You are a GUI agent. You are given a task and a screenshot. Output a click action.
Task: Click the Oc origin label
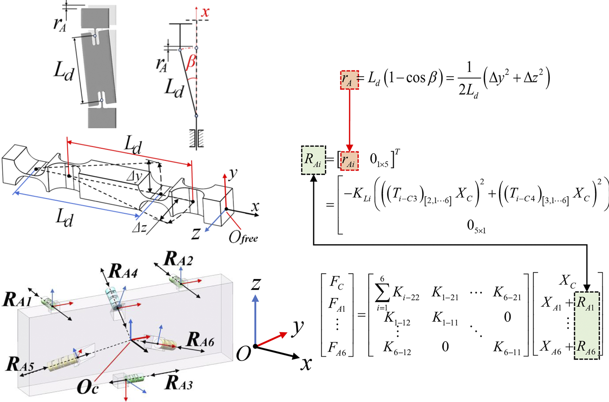[87, 387]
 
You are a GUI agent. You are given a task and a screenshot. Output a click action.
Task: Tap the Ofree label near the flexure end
[243, 237]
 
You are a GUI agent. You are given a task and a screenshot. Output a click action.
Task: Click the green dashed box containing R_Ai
[313, 160]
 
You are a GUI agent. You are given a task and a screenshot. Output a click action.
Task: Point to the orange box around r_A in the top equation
[349, 80]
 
